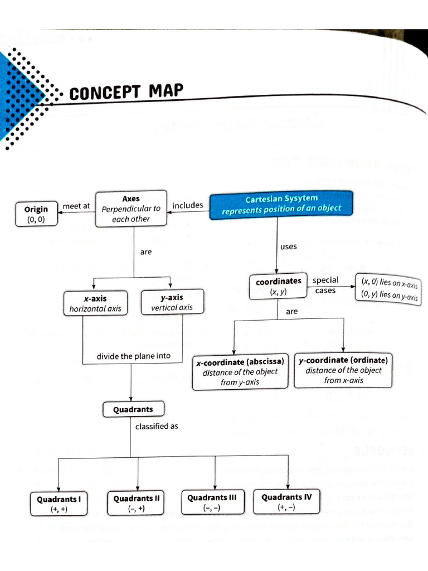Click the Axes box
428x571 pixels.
click(131, 209)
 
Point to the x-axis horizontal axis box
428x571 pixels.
click(95, 303)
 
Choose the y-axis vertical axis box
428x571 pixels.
click(172, 302)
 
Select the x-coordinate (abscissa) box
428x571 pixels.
click(240, 372)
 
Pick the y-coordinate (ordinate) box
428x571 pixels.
click(343, 370)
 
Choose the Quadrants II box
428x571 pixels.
click(137, 503)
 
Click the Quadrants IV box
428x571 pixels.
click(286, 501)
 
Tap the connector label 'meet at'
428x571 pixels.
click(76, 206)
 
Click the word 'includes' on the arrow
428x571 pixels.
click(188, 205)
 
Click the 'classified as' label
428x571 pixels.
click(157, 427)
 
